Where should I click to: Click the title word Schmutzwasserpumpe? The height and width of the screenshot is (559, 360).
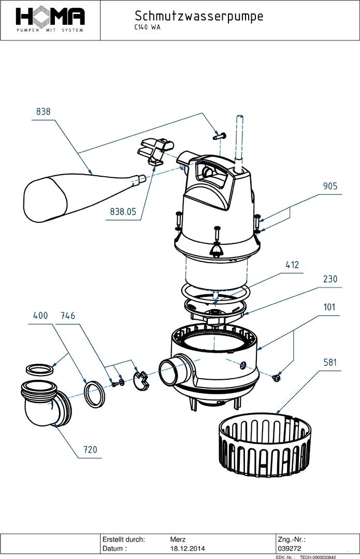pyautogui.click(x=198, y=16)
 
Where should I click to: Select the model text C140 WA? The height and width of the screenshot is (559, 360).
pyautogui.click(x=147, y=28)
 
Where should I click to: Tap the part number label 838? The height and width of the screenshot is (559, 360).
pyautogui.click(x=44, y=112)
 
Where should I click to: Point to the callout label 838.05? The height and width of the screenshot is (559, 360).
pyautogui.click(x=123, y=211)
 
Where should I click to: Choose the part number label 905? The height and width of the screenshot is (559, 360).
pyautogui.click(x=330, y=186)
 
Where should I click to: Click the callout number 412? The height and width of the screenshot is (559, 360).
pyautogui.click(x=292, y=265)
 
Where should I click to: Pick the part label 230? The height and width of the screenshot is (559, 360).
pyautogui.click(x=329, y=279)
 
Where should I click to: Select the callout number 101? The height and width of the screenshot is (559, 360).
pyautogui.click(x=329, y=307)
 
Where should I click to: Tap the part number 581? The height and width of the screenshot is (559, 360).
pyautogui.click(x=330, y=362)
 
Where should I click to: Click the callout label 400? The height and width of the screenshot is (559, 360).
pyautogui.click(x=41, y=315)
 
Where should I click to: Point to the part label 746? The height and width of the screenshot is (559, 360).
pyautogui.click(x=68, y=315)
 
